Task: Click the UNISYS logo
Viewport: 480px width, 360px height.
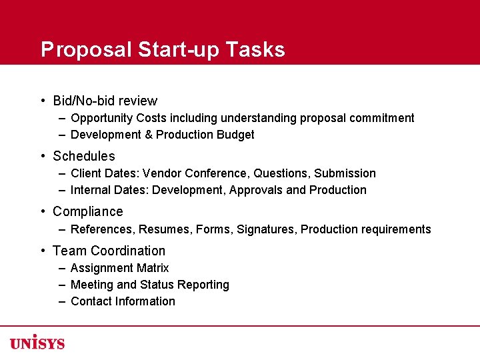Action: pos(37,343)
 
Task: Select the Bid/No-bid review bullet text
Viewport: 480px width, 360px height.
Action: pos(105,101)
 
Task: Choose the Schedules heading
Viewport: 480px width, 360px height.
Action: pos(84,157)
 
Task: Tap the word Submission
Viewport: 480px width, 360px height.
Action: pos(345,173)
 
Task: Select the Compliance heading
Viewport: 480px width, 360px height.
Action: pos(88,212)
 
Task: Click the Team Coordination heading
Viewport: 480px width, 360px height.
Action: pos(109,251)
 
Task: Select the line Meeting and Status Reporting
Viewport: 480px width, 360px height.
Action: pos(149,285)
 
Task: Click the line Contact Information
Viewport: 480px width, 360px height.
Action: pos(123,301)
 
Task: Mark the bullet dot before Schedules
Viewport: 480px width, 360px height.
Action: pos(42,157)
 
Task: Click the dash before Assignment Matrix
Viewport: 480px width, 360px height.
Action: pos(61,268)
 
